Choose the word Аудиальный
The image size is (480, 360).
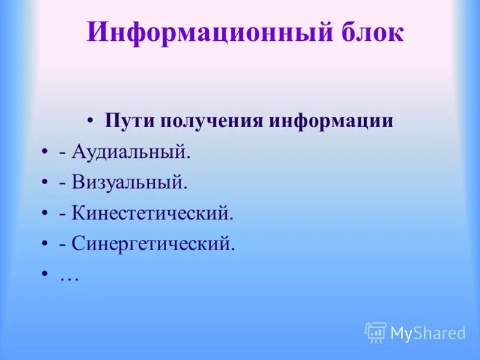click(131, 152)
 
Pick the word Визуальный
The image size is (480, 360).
click(130, 183)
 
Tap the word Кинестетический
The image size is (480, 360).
click(152, 214)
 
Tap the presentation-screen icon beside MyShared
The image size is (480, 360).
click(376, 332)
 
